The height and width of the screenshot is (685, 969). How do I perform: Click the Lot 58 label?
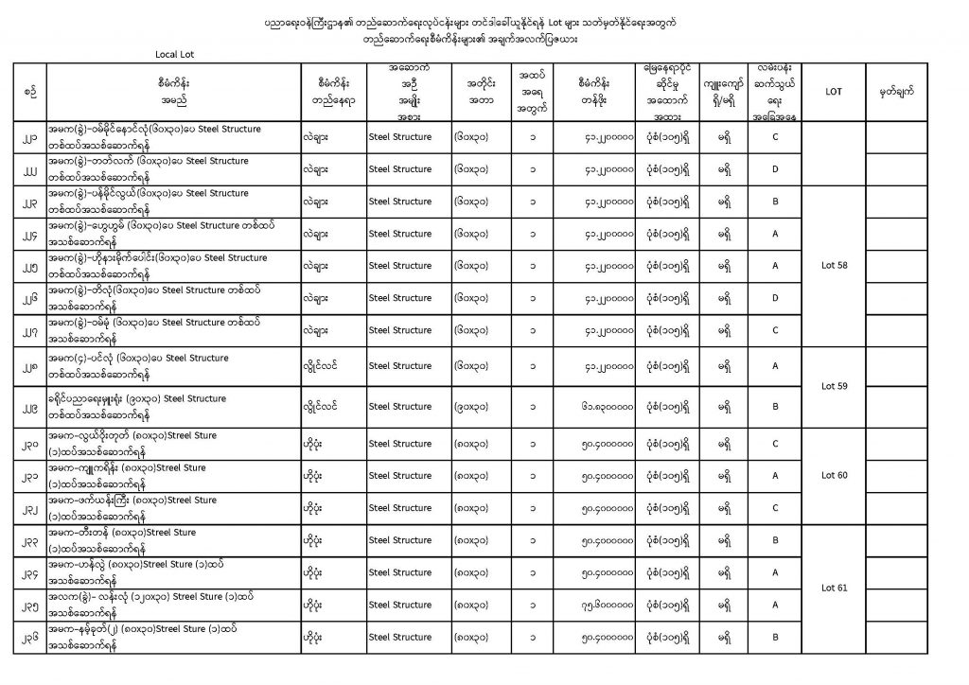836,265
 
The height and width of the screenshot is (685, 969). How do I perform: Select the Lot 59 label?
836,385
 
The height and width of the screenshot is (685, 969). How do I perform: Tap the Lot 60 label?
836,475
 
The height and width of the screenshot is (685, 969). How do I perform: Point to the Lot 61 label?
836,588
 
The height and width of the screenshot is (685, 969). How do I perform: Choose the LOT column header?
835,91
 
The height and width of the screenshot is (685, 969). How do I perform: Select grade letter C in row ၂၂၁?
775,136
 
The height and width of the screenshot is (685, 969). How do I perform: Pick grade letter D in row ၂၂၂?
775,169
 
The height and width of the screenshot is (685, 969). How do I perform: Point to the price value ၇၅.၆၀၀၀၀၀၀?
607,605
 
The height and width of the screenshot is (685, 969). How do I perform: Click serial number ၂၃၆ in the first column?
31,637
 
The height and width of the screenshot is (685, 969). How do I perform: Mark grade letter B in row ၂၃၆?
775,637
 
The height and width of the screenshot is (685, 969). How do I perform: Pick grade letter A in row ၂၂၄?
775,234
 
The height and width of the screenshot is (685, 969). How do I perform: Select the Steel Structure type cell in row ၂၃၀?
399,443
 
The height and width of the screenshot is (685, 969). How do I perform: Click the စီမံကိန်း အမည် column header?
174,91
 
